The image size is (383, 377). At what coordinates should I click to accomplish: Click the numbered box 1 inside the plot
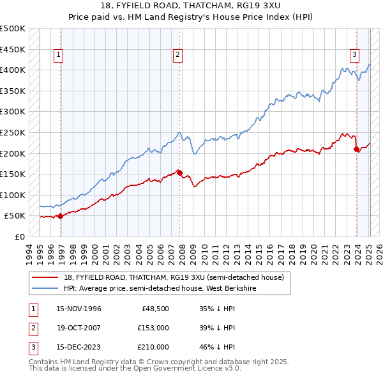point(58,55)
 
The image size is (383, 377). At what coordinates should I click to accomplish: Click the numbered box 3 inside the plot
point(354,55)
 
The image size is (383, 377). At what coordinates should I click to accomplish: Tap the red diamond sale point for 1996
point(61,216)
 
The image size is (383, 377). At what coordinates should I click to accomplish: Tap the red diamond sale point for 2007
point(179,173)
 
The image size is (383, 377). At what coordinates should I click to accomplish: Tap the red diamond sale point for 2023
point(356,149)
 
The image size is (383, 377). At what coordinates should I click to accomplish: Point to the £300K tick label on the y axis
point(13,112)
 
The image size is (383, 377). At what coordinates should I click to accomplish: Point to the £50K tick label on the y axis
point(15,216)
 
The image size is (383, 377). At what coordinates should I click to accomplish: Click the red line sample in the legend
point(45,277)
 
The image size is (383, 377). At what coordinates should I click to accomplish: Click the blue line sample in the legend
point(45,288)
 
